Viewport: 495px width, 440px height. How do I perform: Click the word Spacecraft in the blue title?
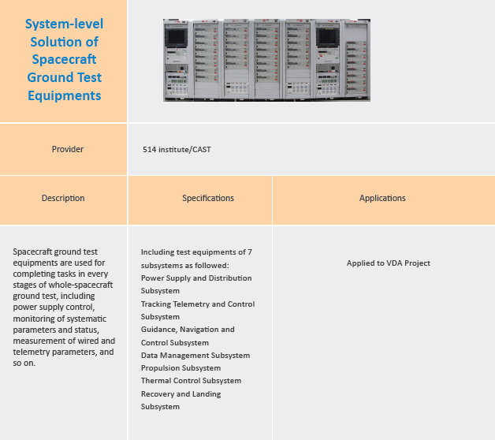64,59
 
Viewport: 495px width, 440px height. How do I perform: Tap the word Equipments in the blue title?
65,95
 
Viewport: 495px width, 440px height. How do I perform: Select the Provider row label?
68,149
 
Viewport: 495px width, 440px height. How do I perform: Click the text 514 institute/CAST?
177,149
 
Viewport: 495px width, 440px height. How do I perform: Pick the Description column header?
63,198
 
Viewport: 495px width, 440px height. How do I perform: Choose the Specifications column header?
208,198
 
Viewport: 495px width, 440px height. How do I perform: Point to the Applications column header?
382,198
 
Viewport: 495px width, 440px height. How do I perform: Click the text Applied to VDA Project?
389,263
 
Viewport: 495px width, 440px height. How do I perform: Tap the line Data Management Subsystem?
195,356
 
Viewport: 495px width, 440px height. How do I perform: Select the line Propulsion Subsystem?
181,368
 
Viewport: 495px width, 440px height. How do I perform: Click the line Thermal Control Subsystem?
191,381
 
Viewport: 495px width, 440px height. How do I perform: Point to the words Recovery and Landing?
181,394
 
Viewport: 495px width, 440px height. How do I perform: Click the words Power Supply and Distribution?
196,278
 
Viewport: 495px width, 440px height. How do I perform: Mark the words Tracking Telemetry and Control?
198,304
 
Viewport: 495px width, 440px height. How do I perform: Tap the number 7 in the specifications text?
250,252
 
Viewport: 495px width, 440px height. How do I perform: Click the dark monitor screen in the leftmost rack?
176,37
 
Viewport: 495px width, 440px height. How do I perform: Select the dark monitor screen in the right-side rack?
328,36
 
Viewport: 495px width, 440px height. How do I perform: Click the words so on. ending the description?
24,363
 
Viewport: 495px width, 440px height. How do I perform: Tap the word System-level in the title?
64,24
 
